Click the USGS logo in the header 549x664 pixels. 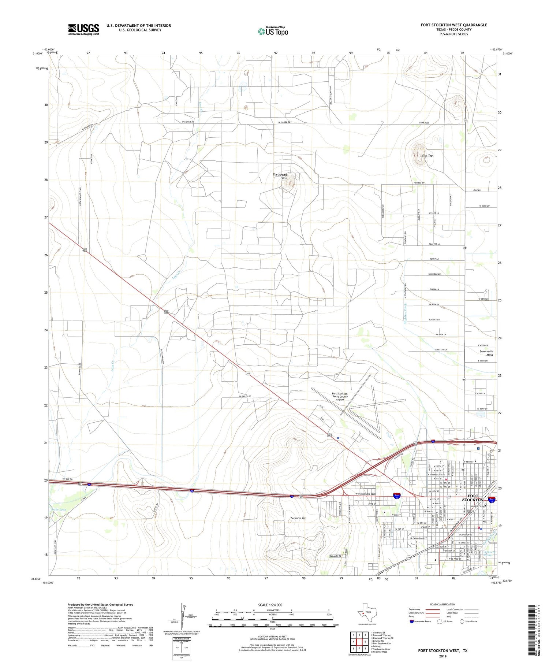(x=83, y=29)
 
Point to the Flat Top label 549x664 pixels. (x=427, y=156)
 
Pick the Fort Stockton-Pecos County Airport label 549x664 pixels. (x=340, y=396)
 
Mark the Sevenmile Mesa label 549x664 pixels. (x=486, y=353)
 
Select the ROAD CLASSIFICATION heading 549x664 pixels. (x=442, y=604)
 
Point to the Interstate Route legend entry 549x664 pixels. (x=421, y=622)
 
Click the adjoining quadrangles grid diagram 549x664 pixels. (x=359, y=641)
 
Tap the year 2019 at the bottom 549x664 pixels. (x=442, y=656)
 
